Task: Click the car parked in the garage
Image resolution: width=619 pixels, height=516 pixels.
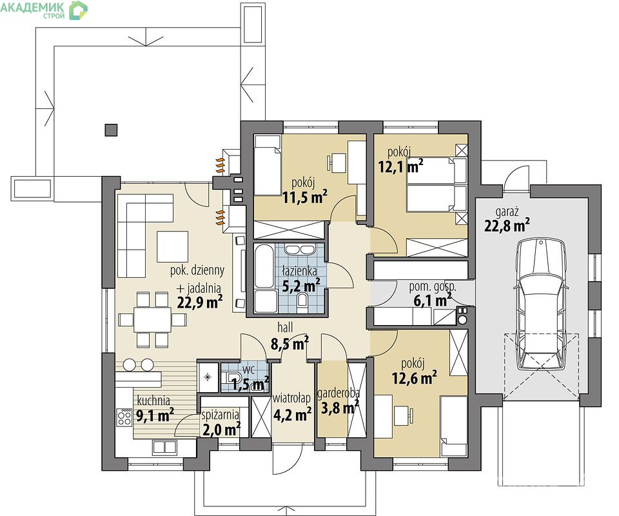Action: point(540,304)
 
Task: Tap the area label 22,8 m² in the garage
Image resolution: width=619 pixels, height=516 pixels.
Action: point(507,226)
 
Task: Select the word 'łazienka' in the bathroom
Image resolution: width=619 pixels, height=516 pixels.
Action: point(300,270)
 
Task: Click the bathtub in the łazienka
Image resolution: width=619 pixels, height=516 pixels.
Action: point(264,266)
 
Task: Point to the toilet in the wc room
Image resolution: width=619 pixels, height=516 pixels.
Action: point(235,377)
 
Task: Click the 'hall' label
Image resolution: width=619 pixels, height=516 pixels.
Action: point(285,327)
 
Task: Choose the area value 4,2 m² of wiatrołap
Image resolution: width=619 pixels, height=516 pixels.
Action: point(292,415)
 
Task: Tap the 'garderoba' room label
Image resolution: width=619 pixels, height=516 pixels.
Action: point(339,393)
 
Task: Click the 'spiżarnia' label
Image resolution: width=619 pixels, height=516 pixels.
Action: point(220,415)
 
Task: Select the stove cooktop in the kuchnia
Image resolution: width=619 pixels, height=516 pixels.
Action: point(124,417)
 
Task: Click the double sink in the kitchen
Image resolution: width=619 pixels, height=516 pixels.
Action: point(164,446)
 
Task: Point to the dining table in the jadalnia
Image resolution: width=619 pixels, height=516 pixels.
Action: point(152,319)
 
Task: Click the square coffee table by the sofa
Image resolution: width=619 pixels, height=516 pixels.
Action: point(172,247)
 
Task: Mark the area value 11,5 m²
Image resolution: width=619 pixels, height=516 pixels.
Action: point(305,197)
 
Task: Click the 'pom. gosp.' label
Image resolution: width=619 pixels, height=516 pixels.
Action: point(432,287)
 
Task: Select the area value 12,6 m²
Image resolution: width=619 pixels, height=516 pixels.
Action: point(414,378)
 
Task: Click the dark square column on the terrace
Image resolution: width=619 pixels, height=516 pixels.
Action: point(112,130)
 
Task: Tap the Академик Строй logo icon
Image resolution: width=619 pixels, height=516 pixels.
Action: point(78,10)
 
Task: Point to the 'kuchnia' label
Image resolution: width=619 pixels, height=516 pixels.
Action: point(153,401)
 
